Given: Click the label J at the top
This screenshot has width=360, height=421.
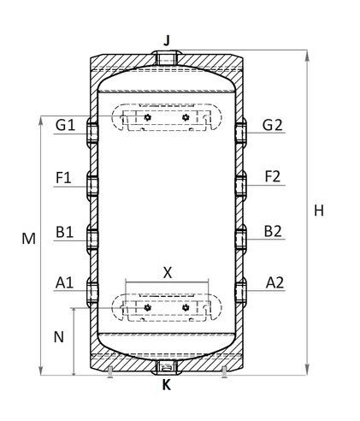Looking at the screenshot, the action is pos(167,40).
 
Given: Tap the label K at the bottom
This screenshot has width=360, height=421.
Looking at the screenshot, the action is pos(167,385).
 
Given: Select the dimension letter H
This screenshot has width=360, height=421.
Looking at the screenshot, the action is pos(319,210).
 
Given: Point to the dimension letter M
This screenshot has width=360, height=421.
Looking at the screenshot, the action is pos(29,239).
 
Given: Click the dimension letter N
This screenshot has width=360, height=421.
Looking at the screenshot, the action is pos(59,337).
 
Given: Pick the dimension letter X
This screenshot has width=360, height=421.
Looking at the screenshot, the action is pos(168,273).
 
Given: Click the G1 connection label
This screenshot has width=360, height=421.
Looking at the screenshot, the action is pos(65,125).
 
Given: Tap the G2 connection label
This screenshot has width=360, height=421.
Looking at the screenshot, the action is pos(273,125).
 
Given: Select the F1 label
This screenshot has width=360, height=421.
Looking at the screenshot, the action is pos(63,178).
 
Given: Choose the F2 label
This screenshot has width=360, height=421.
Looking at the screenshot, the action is pos(273,176).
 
